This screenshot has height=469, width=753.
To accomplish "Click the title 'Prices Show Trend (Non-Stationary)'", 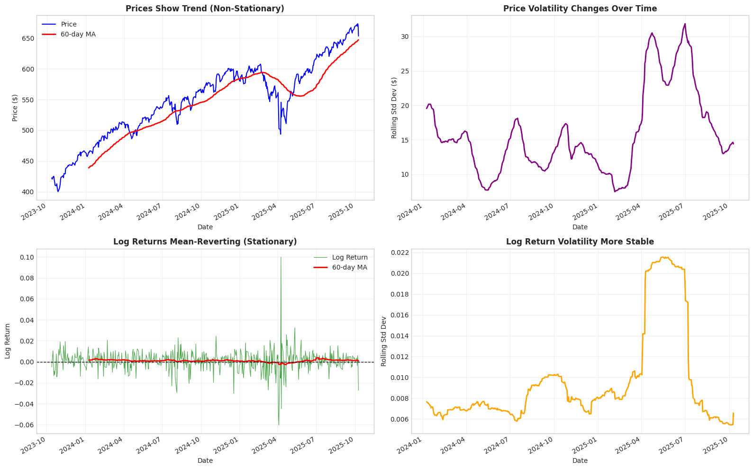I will pos(205,9).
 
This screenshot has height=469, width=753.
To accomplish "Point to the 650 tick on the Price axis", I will pos(28,38).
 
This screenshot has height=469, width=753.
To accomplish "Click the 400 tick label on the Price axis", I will pos(28,192).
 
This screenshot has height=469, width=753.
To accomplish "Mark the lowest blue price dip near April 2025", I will pos(281,134).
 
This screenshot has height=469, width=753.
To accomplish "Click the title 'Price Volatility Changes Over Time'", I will pos(580,9).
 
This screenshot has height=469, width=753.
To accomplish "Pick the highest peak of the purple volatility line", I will pos(685,24).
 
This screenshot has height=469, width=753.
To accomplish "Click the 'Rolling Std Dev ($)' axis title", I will pos(394,108).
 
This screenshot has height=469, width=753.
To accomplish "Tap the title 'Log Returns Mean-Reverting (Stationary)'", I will pos(205,242).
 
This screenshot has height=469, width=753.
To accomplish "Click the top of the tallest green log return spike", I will pos(281,257).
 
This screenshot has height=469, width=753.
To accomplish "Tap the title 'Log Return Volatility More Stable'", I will pos(580,242).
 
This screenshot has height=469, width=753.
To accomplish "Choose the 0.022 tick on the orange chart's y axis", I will pos(399,253).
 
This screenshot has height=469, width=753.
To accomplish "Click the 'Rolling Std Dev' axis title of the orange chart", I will pos(384,341).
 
